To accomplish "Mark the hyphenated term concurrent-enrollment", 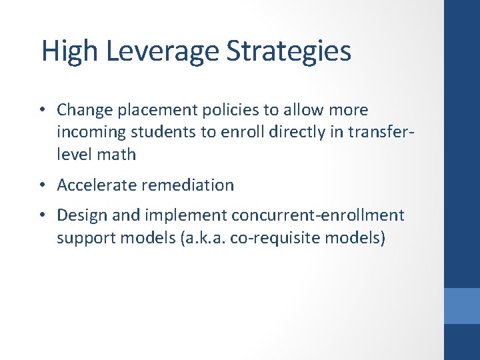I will (317, 215).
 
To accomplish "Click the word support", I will (83, 238).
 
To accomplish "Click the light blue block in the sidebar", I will (462, 305).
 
